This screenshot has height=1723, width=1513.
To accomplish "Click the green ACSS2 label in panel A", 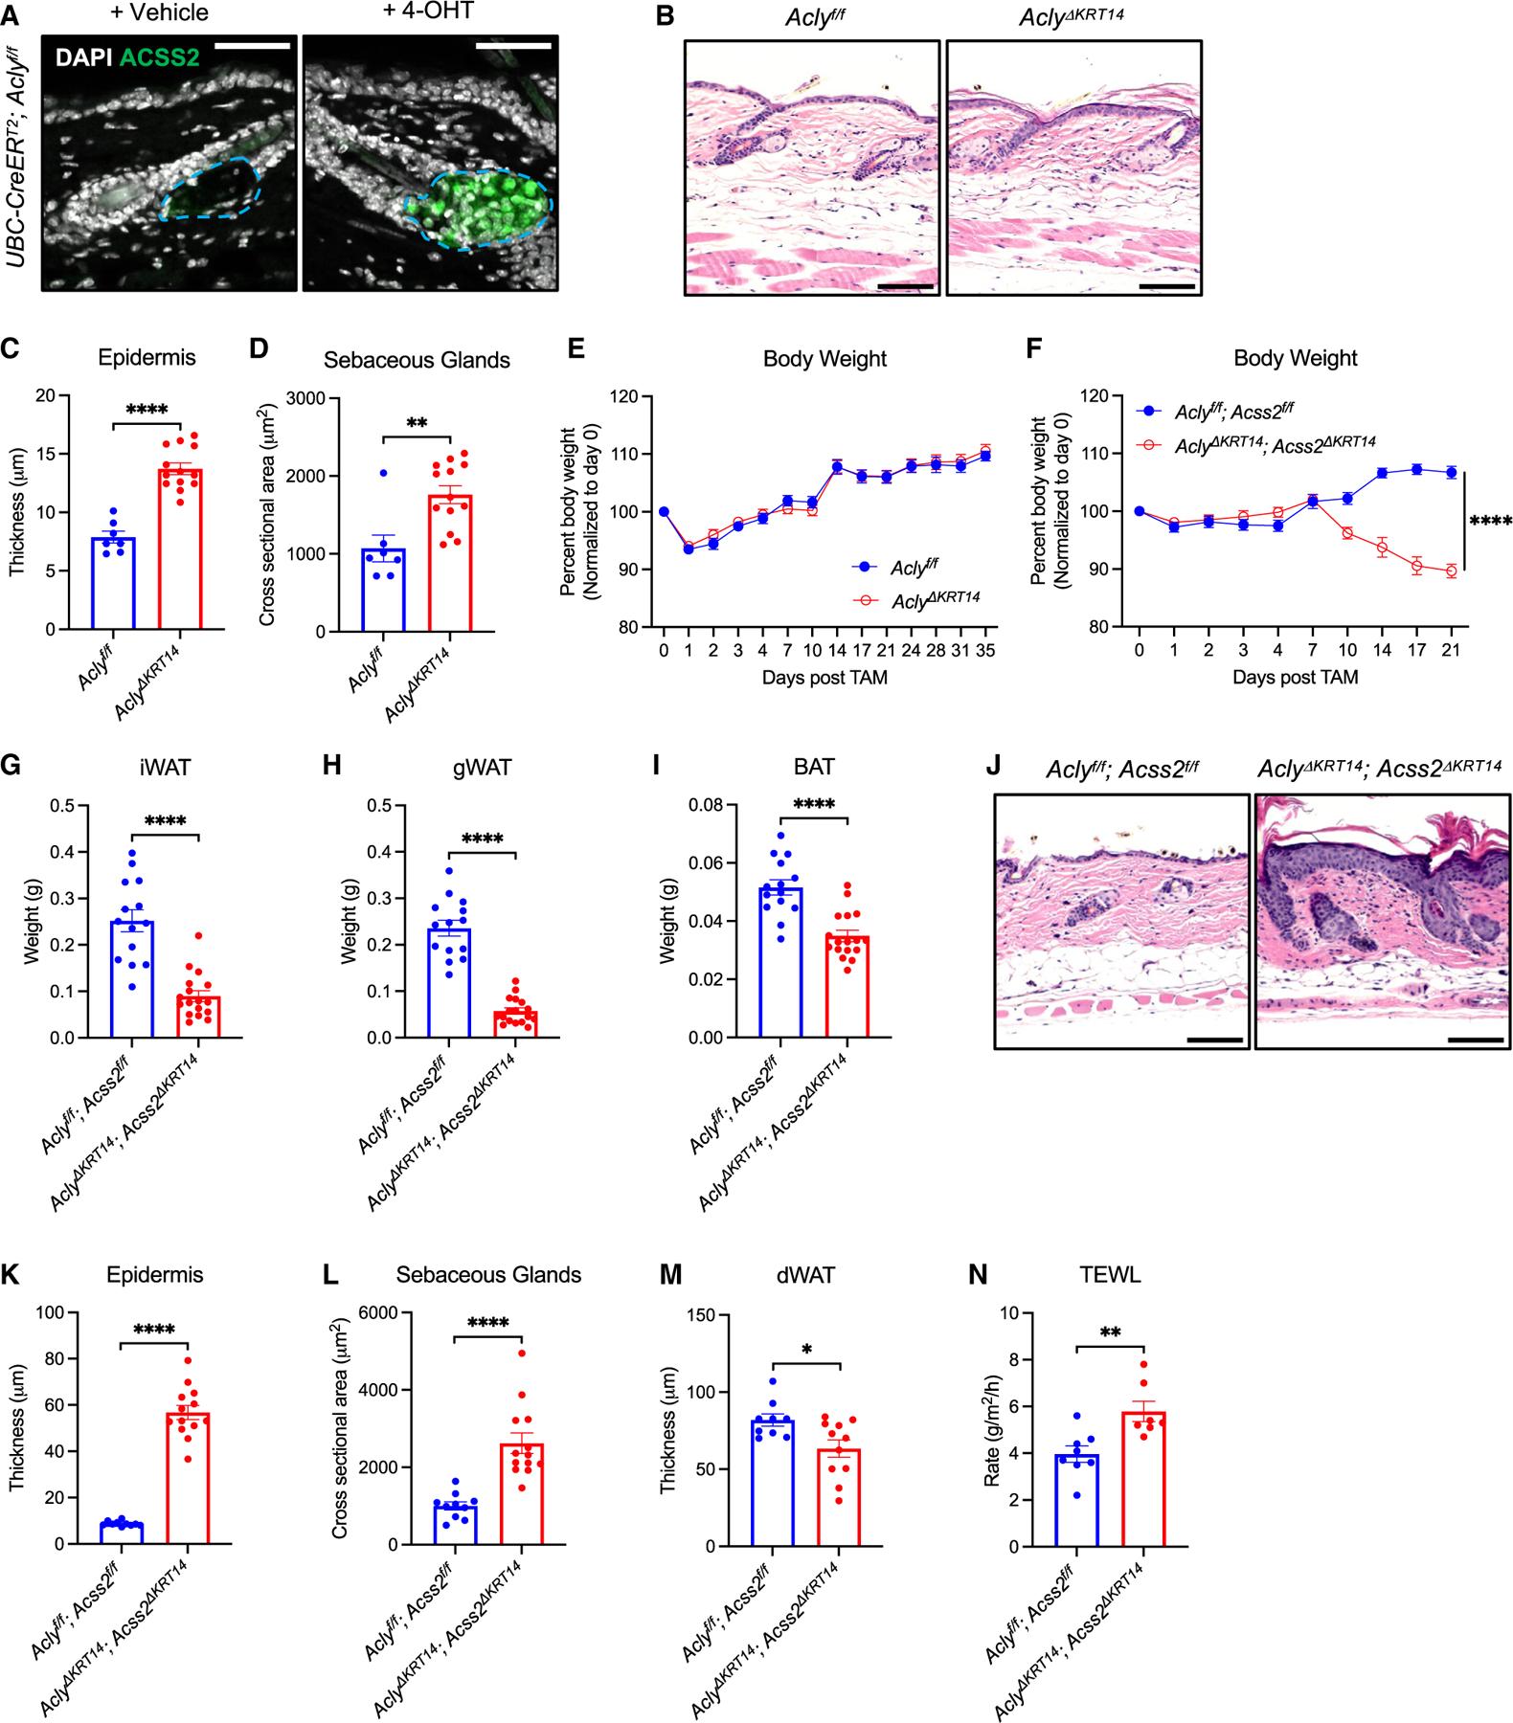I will (159, 57).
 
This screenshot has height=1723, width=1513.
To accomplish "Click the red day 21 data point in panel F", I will (1452, 571).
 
